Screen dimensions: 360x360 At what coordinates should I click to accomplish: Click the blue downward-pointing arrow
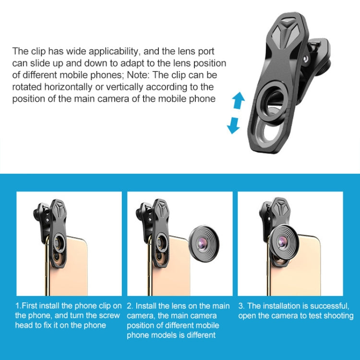234,125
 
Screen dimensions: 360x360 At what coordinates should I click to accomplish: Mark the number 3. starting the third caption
241,305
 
